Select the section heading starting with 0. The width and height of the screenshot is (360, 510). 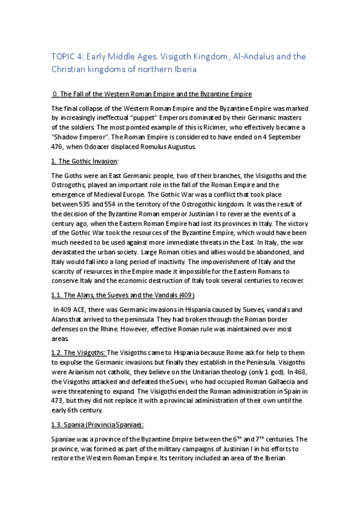click(152, 94)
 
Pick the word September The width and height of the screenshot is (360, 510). click(288, 137)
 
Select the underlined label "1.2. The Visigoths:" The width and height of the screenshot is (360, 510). click(78, 352)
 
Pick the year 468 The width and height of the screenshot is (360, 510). click(299, 372)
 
